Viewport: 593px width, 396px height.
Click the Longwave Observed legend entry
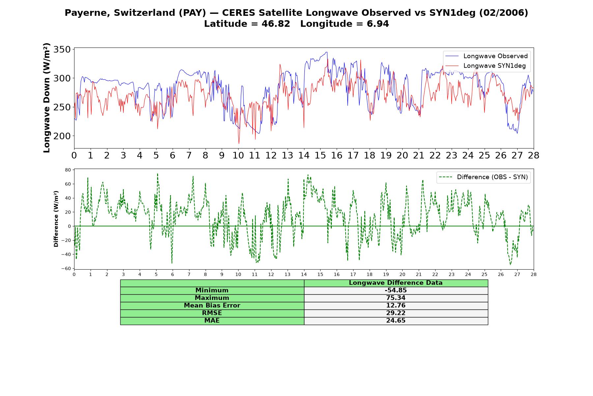[x=486, y=56]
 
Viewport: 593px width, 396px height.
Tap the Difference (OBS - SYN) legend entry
[x=483, y=177]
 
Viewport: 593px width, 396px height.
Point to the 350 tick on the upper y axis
[x=62, y=49]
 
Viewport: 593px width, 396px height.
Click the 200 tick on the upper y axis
[x=62, y=136]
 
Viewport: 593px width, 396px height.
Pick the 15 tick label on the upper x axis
[x=320, y=155]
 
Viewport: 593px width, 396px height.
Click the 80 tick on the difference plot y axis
[x=68, y=170]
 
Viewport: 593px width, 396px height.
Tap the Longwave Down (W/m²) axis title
[x=46, y=98]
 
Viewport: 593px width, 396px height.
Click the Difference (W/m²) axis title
[x=56, y=219]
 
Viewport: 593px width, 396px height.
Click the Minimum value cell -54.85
[x=396, y=290]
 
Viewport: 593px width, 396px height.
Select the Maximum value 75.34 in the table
[x=396, y=298]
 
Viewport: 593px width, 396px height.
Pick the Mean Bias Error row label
[x=212, y=306]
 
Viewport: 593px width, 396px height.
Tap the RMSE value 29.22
[x=396, y=313]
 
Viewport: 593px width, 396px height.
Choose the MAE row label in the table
[x=212, y=321]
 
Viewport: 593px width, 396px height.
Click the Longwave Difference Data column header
[x=396, y=283]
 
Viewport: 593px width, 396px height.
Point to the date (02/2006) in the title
[x=503, y=13]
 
